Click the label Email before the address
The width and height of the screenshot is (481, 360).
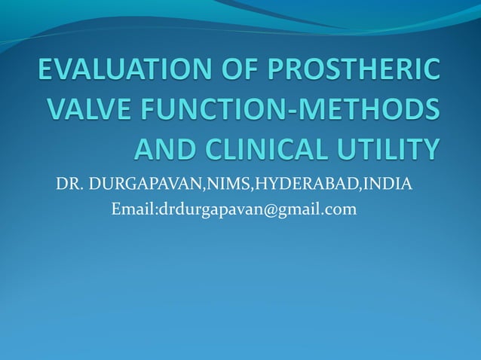tap(131, 209)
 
